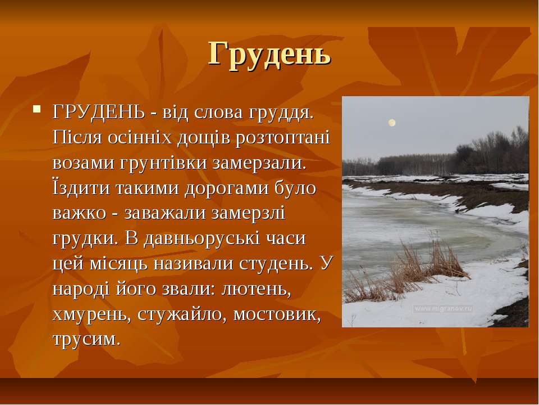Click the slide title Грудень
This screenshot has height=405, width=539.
coord(269,54)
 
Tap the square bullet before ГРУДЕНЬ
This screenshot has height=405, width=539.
coord(37,110)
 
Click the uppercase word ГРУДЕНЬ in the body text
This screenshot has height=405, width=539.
coord(99,112)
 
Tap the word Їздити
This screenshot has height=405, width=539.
coord(81,188)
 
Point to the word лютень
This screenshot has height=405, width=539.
coord(256,289)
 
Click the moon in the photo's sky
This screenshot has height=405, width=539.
coord(391,123)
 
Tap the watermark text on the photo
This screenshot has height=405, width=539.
coord(444,309)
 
